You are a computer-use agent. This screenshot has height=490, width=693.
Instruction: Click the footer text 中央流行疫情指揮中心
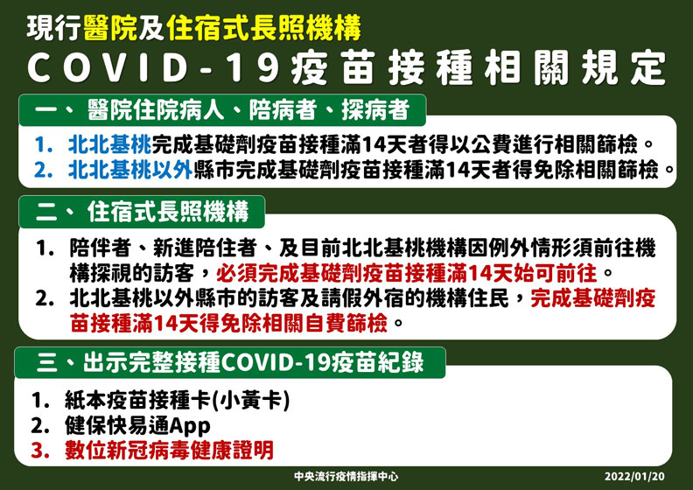click(346, 478)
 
